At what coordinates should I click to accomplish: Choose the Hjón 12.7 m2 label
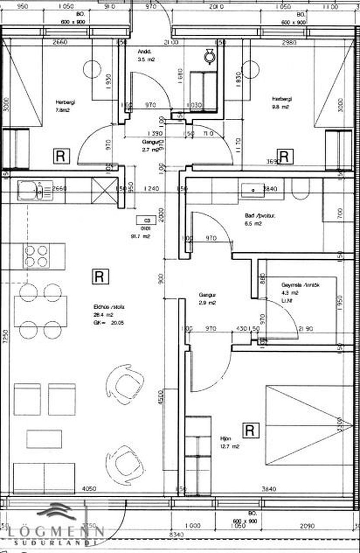[x=229, y=442]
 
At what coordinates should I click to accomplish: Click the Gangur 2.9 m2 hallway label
[x=207, y=299]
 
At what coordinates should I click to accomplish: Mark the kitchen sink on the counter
[x=35, y=191]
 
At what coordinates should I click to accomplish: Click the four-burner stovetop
[x=36, y=256]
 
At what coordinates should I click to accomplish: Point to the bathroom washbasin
[x=253, y=189]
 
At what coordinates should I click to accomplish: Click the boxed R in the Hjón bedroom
[x=249, y=430]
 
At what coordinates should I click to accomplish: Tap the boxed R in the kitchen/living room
[x=100, y=276]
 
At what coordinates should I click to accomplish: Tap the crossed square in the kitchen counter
[x=104, y=191]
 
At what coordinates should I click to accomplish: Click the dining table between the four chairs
[x=41, y=311]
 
